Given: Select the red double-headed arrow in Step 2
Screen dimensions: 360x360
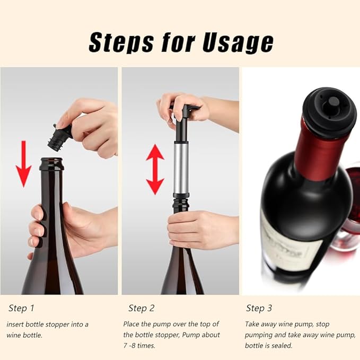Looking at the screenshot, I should (x=155, y=169).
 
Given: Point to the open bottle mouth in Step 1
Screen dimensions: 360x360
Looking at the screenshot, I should (x=52, y=160).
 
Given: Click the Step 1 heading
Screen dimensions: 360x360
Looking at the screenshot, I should (x=21, y=308).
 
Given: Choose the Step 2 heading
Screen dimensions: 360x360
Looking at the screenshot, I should (x=142, y=308).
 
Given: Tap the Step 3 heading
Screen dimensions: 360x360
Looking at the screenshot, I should (x=259, y=308).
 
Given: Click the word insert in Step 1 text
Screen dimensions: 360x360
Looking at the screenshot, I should (x=15, y=324).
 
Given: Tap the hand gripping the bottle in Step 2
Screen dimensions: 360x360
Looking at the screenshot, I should (x=194, y=229).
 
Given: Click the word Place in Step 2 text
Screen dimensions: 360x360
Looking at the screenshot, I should (x=132, y=324).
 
